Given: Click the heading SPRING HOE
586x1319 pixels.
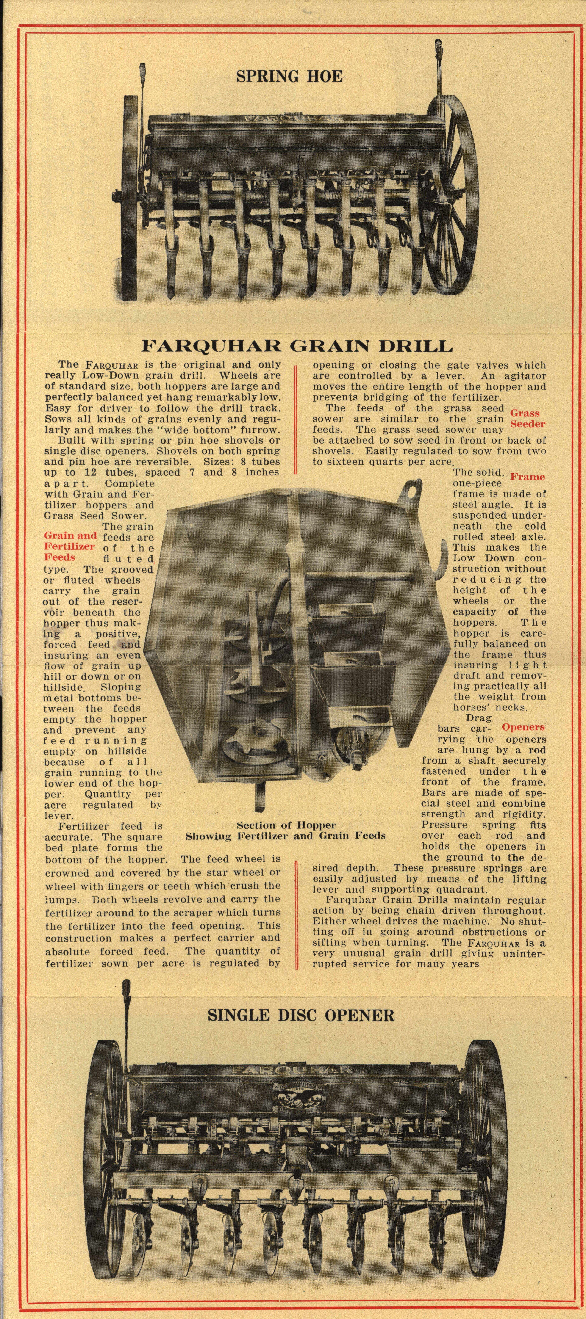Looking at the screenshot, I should click(289, 76).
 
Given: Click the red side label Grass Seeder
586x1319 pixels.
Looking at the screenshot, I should click(528, 418).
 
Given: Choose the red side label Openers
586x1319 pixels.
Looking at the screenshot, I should click(523, 727).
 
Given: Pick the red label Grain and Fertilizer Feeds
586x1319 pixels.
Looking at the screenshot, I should click(70, 546).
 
